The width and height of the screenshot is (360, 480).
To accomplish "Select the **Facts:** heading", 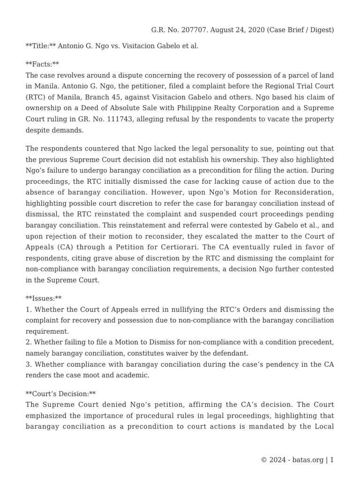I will (42, 64).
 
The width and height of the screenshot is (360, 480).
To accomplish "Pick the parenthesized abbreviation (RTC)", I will (35, 97).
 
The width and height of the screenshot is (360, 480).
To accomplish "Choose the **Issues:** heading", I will (44, 299).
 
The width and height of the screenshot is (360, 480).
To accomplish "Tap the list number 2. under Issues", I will (29, 342).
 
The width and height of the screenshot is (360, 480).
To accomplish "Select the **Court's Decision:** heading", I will (60, 394).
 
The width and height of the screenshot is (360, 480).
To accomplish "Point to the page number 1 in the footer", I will (332, 460).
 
